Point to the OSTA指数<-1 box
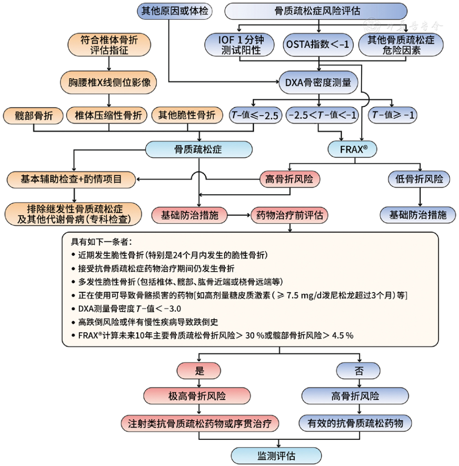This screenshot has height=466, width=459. pos(318,44)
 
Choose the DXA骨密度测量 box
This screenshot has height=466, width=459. pos(318,83)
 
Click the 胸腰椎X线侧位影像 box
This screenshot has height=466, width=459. pos(109,83)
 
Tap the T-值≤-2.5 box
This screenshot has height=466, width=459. pos(255,116)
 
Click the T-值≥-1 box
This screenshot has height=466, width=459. pos(393,116)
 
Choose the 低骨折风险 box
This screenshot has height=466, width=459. pos(419,179)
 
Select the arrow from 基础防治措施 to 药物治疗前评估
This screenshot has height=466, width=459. pos(239,215)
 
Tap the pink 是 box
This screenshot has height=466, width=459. pos(199,371)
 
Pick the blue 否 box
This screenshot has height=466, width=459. pos(359,371)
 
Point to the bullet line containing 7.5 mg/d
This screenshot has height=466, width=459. pos(239,295)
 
